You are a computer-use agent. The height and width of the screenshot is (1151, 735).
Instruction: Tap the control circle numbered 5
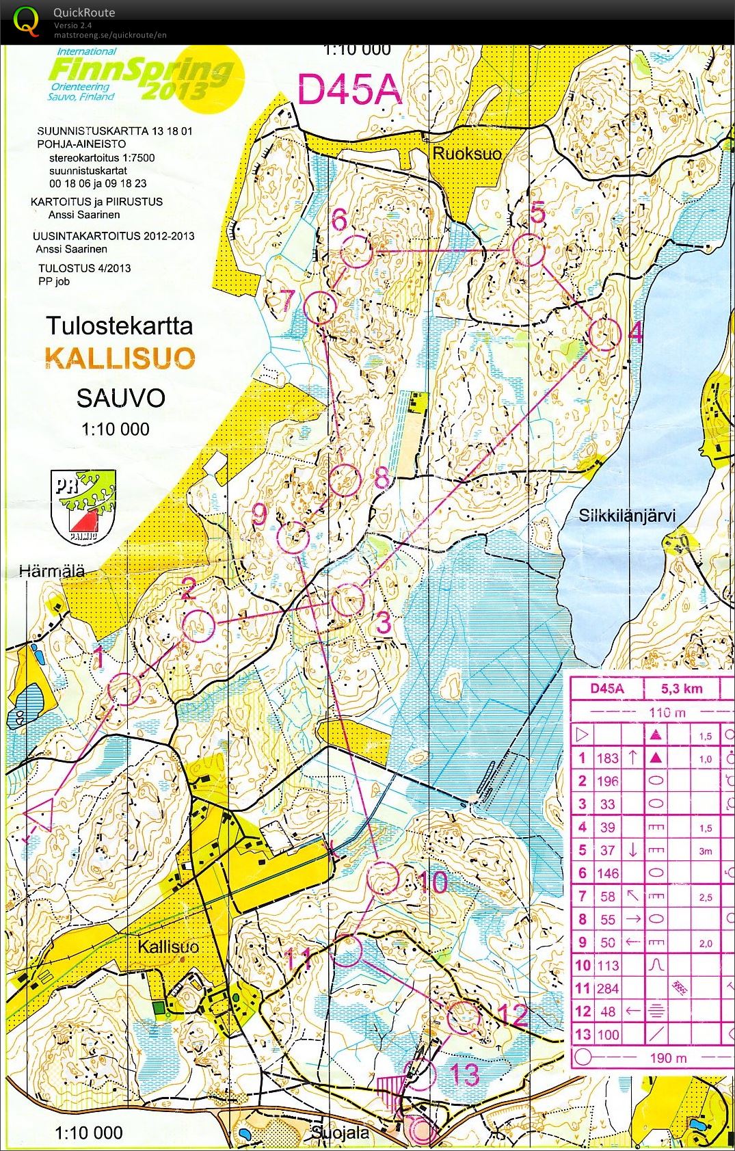pyautogui.click(x=528, y=250)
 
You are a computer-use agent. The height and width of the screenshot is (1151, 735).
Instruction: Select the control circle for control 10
pyautogui.click(x=383, y=879)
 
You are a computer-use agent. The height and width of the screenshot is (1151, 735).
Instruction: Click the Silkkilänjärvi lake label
pyautogui.click(x=627, y=515)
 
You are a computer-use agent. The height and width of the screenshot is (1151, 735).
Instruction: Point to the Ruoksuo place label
pyautogui.click(x=467, y=153)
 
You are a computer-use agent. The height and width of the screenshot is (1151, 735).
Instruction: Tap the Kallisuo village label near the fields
pyautogui.click(x=168, y=947)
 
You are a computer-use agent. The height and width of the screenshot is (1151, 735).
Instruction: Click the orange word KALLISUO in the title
pyautogui.click(x=120, y=358)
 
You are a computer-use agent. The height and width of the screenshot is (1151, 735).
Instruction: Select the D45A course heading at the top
pyautogui.click(x=349, y=90)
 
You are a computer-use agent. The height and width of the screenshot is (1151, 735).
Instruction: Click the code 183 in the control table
pyautogui.click(x=607, y=758)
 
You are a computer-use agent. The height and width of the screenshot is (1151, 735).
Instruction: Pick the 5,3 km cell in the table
pyautogui.click(x=682, y=689)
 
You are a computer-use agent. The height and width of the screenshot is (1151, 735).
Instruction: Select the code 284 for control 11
pyautogui.click(x=607, y=988)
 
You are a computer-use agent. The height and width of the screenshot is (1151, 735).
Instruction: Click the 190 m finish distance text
pyautogui.click(x=667, y=1058)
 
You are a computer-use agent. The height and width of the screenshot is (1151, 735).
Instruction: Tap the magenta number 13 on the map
pyautogui.click(x=465, y=1074)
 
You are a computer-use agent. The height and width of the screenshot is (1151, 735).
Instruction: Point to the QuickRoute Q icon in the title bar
pyautogui.click(x=26, y=21)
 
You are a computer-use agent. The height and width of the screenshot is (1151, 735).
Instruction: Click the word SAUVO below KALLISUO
pyautogui.click(x=121, y=397)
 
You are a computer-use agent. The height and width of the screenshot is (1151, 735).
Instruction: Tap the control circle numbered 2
pyautogui.click(x=198, y=626)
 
